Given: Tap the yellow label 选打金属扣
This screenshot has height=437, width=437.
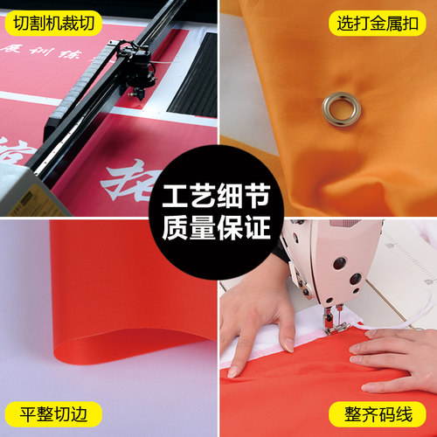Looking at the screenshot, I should (382, 24).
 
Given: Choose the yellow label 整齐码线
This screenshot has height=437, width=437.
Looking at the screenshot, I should (382, 413).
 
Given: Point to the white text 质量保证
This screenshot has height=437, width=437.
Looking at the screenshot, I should (218, 230).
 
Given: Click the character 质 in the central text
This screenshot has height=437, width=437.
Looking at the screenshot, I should (178, 230).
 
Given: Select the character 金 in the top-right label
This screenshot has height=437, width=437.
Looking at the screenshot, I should (382, 24).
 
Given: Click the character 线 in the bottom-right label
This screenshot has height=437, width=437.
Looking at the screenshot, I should (413, 413).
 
